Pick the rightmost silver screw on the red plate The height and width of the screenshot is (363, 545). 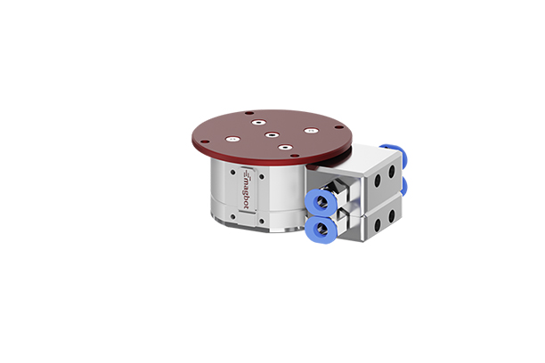(x=310, y=131)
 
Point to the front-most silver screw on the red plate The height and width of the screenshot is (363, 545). (x=285, y=148)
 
